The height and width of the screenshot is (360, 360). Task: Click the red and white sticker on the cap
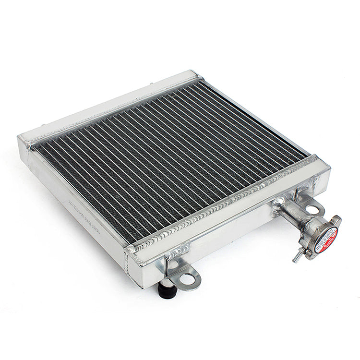tap(326, 239)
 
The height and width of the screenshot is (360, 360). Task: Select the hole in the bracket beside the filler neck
tap(312, 210)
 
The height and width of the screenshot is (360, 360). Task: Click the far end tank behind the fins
tap(110, 103)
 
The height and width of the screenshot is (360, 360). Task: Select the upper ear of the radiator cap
tap(336, 221)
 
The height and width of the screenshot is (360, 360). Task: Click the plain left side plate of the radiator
tap(72, 202)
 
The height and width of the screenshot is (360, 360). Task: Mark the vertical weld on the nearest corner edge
tap(130, 264)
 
